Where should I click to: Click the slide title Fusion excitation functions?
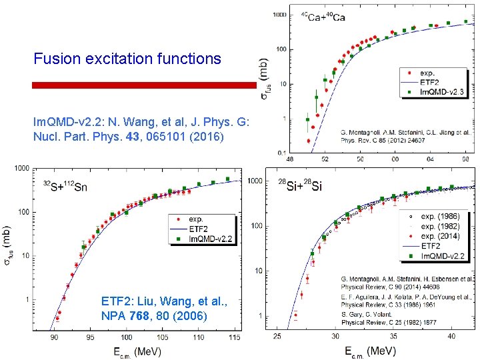[127, 59]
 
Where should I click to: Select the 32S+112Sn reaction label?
[65, 186]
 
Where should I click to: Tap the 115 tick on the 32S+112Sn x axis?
[233, 338]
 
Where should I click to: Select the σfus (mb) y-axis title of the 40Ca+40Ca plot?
[265, 77]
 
